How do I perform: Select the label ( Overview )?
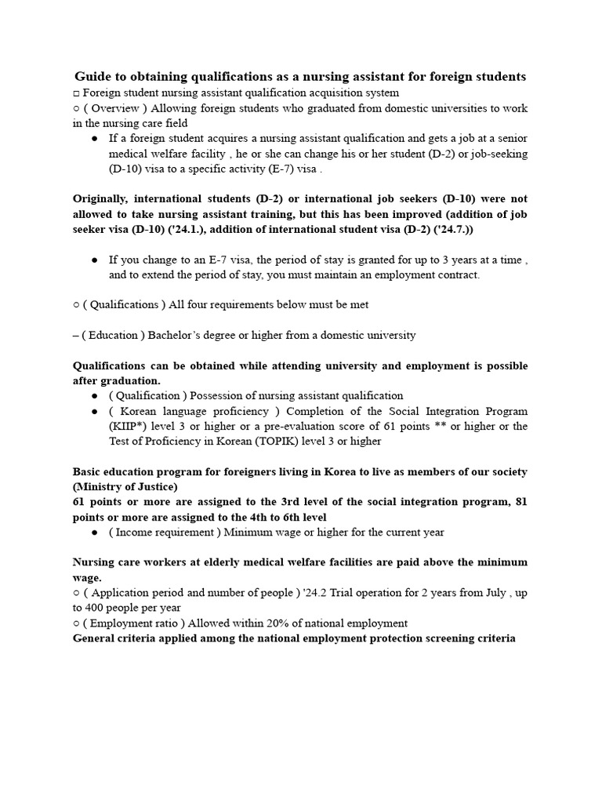(x=113, y=107)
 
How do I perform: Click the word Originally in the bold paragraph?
(x=103, y=198)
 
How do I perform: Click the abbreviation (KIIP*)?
(x=129, y=426)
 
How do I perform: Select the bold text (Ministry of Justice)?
(x=125, y=486)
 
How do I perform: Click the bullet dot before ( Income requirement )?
(x=95, y=532)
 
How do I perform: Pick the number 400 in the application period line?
(x=91, y=608)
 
